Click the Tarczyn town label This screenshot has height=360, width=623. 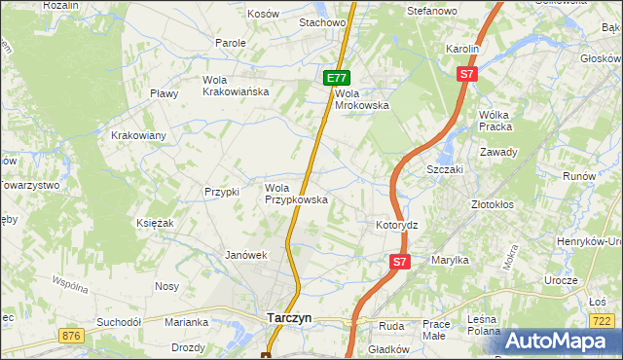289,317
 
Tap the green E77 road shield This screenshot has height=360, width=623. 337,78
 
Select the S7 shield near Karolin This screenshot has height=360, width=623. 467,74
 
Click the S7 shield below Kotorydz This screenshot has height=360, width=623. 400,262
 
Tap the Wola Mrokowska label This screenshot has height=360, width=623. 362,99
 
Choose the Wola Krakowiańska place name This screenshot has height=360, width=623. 235,86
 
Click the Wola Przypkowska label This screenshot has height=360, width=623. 296,194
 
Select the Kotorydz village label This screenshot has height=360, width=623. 396,225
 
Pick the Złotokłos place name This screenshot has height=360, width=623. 492,205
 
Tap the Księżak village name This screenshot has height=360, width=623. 155,223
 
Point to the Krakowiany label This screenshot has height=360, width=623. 138,135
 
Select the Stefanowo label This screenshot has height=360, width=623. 432,11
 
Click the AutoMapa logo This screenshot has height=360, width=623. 556,341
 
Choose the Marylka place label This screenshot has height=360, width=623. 450,260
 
